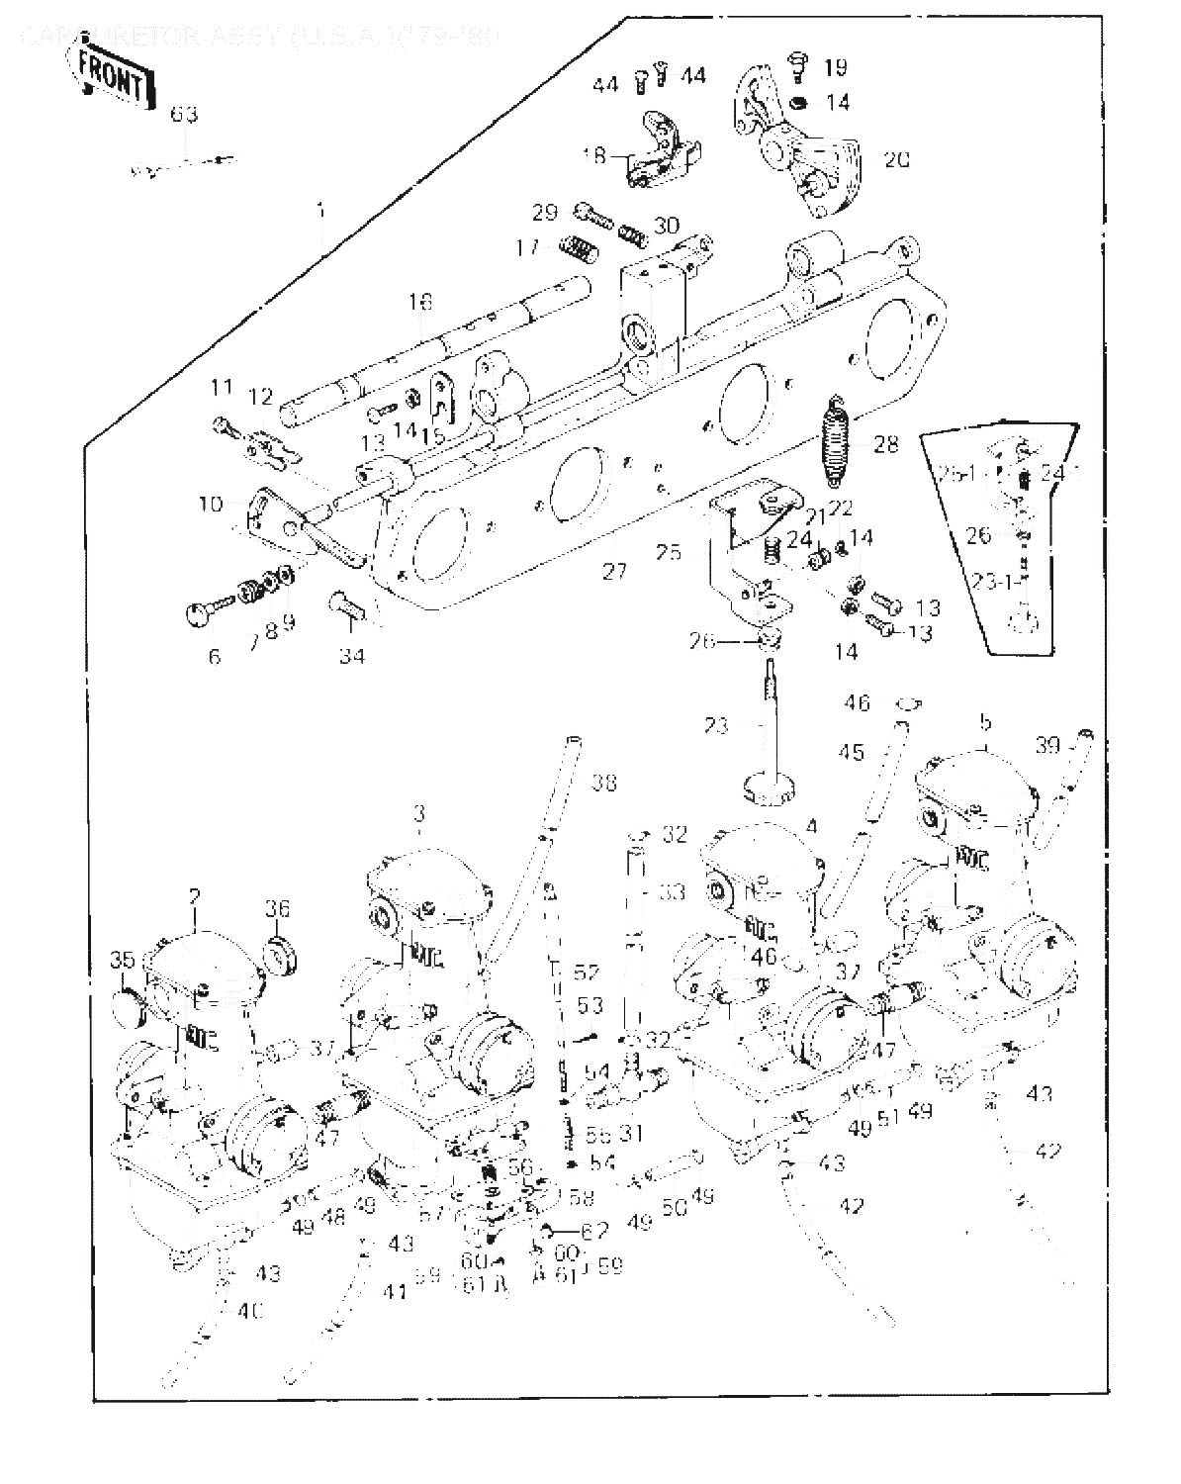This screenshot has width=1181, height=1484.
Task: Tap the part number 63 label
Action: [184, 114]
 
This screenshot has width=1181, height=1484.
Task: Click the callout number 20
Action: [896, 158]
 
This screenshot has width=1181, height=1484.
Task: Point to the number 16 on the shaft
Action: [420, 301]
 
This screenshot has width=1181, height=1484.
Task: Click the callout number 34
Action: [352, 654]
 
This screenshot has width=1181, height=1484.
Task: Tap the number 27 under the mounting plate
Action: [614, 571]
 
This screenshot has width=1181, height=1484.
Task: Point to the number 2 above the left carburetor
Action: [195, 895]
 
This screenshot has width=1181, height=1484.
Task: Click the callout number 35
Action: [122, 960]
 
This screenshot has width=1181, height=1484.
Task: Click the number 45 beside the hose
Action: [850, 753]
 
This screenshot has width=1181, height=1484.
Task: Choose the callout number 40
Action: [250, 1311]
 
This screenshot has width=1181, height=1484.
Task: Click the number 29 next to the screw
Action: [545, 212]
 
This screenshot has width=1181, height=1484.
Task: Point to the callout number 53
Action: [590, 1006]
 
